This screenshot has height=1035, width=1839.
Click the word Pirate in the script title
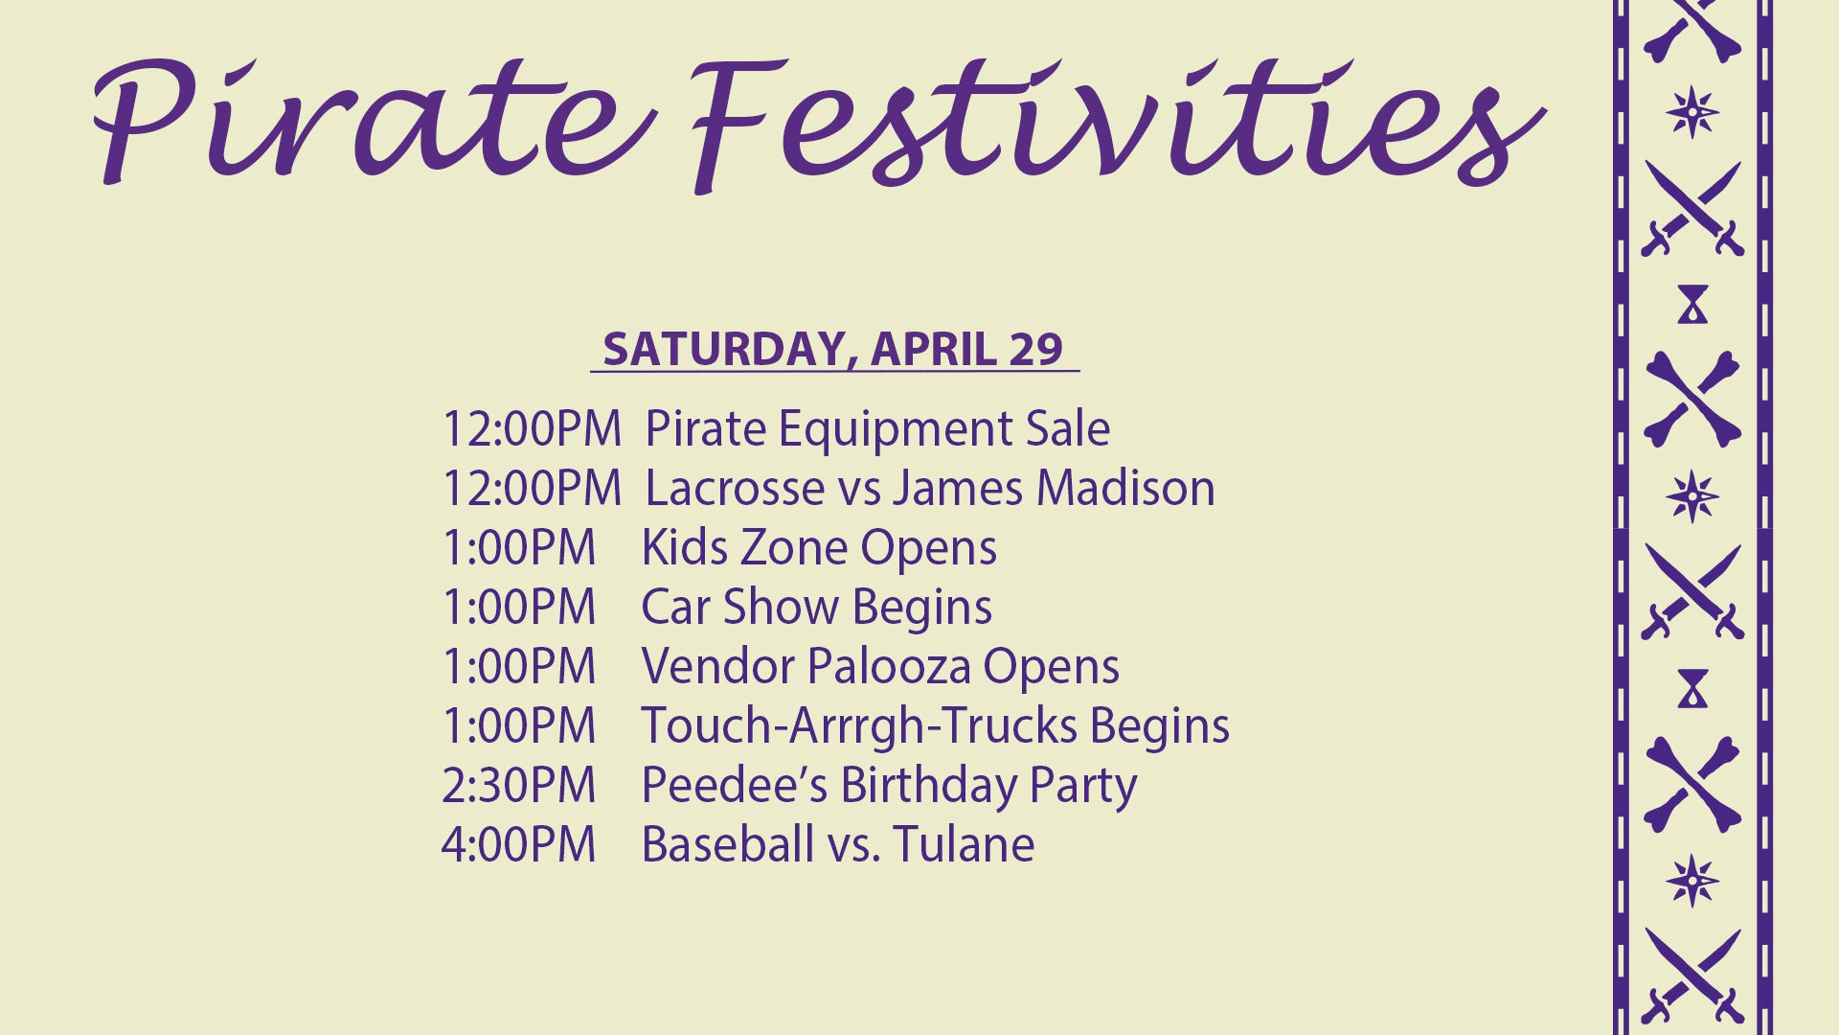(x=374, y=120)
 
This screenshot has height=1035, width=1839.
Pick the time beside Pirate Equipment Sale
(x=532, y=428)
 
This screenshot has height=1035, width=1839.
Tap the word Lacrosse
(x=736, y=488)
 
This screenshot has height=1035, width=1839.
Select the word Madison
(x=1125, y=488)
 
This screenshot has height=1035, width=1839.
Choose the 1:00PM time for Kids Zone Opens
(x=519, y=547)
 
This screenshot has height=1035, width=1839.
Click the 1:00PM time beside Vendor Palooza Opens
(x=519, y=666)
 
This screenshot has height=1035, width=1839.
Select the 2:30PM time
(x=519, y=785)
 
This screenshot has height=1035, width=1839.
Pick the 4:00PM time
(x=519, y=844)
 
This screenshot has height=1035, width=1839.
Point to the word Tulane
(x=965, y=844)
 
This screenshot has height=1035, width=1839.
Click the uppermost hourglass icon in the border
(x=1692, y=305)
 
